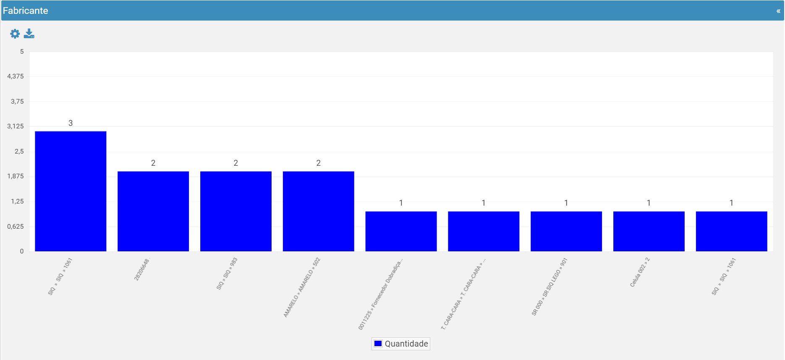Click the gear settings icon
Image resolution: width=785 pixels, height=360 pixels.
tap(15, 34)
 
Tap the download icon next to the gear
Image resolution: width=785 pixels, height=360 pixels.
tap(29, 34)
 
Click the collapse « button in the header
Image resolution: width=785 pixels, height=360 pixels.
tap(778, 11)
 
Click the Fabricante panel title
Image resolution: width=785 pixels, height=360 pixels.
tap(25, 10)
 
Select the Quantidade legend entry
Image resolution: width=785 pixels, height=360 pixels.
tap(401, 344)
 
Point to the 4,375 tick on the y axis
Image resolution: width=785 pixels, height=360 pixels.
tap(16, 76)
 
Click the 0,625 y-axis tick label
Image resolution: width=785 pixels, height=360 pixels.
tap(16, 227)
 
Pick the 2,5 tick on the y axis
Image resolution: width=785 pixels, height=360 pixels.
tap(19, 151)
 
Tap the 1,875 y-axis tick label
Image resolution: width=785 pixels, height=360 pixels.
tap(16, 176)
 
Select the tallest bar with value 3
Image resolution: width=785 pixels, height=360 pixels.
tap(71, 191)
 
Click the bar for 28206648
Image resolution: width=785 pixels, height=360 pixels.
tap(153, 211)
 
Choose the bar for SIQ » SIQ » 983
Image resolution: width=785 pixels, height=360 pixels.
tap(236, 211)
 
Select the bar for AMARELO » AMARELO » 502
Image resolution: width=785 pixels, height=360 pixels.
tap(319, 211)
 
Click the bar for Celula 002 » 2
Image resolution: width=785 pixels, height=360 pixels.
tap(649, 231)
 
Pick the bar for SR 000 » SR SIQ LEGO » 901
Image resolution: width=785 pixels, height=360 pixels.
tap(566, 231)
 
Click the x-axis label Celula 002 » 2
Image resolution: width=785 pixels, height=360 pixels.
tap(640, 272)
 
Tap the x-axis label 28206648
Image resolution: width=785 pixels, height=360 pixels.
tap(142, 269)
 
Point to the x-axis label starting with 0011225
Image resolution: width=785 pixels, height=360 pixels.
tap(380, 294)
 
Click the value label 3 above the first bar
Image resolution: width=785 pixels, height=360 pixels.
tap(71, 123)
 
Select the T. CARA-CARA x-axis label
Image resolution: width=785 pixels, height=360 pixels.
tap(463, 294)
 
